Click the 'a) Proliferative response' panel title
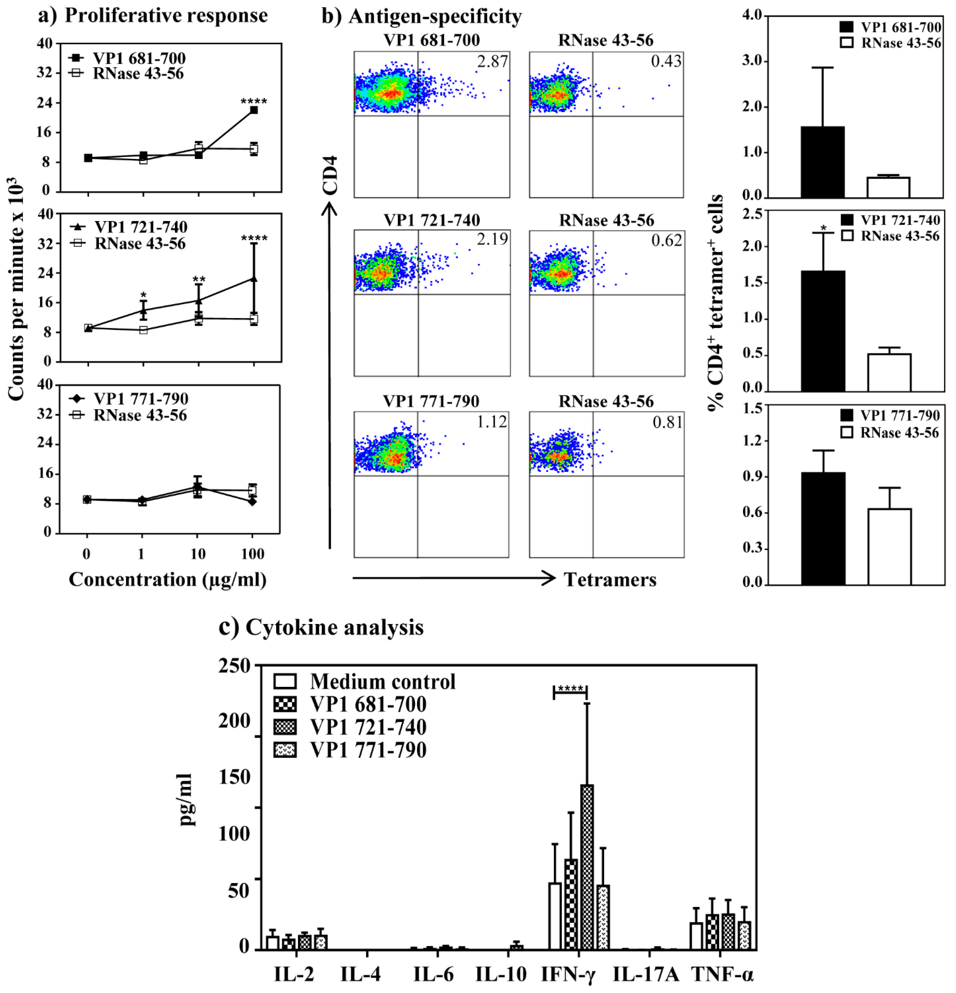pyautogui.click(x=153, y=16)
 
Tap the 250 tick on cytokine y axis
pyautogui.click(x=235, y=666)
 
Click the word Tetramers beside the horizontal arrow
pyautogui.click(x=610, y=580)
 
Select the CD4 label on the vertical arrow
pyautogui.click(x=330, y=175)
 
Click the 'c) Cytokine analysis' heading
pyautogui.click(x=321, y=627)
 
